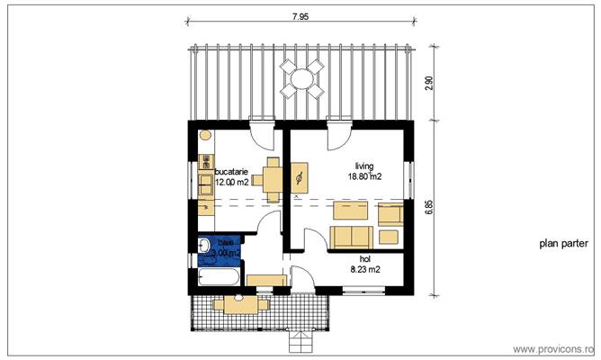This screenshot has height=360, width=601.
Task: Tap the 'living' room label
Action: [364, 166]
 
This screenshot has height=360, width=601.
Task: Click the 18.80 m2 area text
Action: [365, 176]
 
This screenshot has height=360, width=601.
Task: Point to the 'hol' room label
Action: [364, 258]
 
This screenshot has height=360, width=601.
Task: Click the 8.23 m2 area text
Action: [364, 269]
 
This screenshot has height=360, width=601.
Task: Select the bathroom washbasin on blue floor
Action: [204, 247]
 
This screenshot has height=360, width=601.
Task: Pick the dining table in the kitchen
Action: [274, 175]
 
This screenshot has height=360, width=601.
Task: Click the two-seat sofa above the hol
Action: [352, 237]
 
